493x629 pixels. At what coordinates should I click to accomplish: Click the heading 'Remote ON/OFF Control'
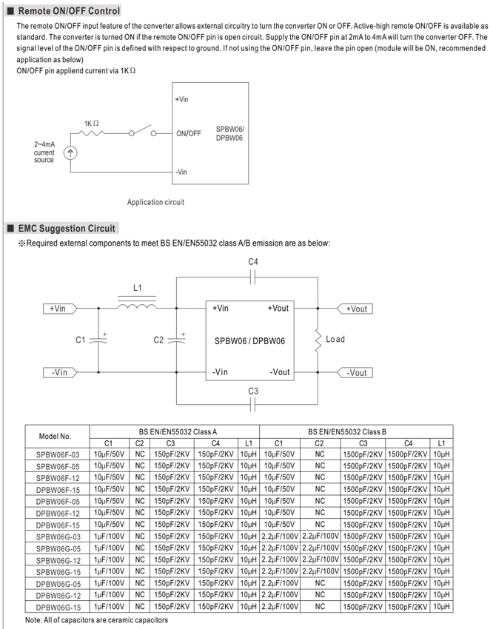69,11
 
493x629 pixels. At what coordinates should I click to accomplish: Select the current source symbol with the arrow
70,153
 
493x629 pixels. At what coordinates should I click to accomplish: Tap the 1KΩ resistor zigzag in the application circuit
93,133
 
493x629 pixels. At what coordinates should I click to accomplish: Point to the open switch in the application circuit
142,131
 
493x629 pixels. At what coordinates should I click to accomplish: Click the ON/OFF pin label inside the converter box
189,134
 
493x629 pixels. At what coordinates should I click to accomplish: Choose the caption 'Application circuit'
155,202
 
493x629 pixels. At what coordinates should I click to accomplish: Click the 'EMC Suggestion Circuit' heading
67,228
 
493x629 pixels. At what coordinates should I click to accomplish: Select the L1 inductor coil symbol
137,306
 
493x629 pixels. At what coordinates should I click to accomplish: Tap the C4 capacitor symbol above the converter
252,277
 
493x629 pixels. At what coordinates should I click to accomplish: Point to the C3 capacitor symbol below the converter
252,404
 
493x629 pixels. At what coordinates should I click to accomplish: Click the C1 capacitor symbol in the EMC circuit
98,340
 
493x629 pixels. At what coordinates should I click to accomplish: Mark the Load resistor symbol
318,341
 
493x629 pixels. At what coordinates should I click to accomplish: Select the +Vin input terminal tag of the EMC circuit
60,309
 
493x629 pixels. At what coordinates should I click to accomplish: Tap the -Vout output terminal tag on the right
355,373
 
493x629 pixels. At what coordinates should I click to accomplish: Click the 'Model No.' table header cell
55,437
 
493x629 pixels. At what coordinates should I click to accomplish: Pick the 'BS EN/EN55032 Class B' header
347,431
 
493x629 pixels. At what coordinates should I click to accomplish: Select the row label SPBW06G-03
58,536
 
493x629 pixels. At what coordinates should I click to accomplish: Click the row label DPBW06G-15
58,608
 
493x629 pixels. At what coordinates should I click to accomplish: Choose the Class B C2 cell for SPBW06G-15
321,571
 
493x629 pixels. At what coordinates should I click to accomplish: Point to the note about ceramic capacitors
97,620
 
